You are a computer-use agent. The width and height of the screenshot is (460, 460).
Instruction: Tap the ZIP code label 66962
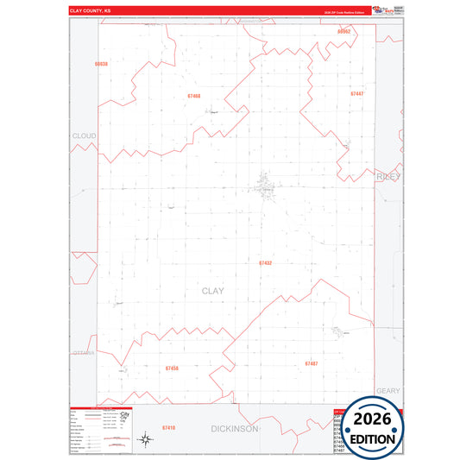(x=344, y=31)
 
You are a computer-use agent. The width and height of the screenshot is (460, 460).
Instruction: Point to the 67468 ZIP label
(x=193, y=96)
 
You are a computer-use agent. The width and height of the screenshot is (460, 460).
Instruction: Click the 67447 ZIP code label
(x=357, y=93)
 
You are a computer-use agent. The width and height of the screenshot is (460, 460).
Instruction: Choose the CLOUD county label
(x=85, y=136)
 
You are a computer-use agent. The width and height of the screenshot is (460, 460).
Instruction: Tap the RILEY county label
(x=389, y=176)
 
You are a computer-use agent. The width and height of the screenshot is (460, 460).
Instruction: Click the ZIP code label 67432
(x=266, y=262)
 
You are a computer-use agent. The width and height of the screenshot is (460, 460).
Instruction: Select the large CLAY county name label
(x=212, y=291)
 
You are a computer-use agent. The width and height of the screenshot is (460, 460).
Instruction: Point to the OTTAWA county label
(x=84, y=353)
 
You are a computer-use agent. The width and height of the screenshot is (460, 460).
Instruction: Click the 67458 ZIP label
(x=172, y=369)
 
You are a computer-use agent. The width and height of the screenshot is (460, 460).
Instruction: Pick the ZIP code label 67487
(x=311, y=363)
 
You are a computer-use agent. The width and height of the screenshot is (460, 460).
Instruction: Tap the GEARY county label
(x=388, y=391)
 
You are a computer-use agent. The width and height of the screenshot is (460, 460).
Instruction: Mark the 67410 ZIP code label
(x=168, y=428)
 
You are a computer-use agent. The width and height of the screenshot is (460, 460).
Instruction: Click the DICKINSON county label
(x=235, y=428)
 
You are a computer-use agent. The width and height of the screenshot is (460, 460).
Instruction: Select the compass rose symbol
(x=147, y=441)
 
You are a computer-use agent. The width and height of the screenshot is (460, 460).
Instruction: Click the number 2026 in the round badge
(x=373, y=420)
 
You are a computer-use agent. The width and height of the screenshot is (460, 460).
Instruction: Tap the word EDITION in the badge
(x=373, y=438)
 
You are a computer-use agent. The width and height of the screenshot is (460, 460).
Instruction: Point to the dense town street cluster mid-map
(x=264, y=184)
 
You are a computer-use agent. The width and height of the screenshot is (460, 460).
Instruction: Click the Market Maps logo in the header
(x=382, y=9)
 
